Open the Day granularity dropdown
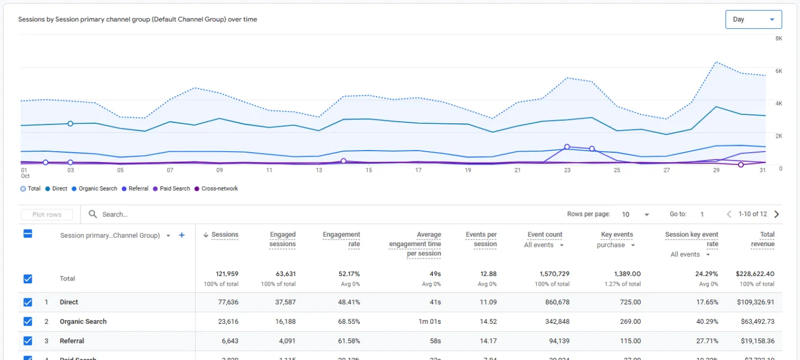753,19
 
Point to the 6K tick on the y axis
778,71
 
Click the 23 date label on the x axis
567,171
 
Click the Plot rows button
47,214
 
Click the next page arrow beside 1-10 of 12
777,214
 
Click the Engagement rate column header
341,239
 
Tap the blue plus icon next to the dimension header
182,236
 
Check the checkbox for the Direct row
28,302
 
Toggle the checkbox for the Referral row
28,341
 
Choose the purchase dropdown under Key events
616,245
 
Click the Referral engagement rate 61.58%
346,341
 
